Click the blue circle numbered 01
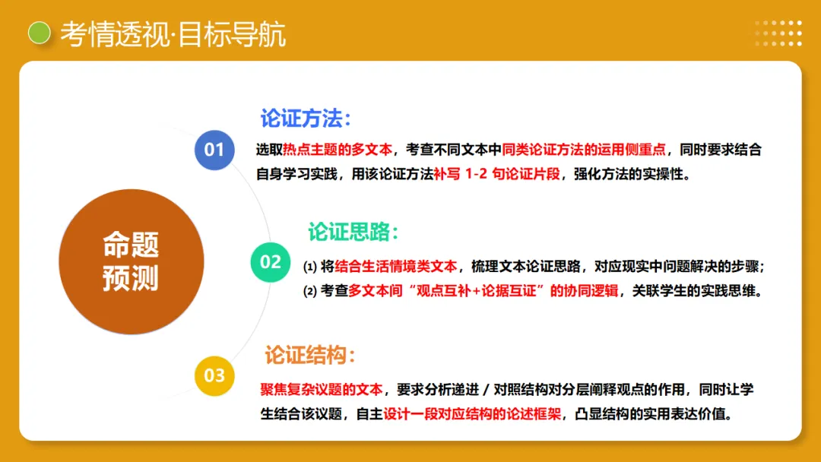(214, 149)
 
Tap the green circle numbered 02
(271, 262)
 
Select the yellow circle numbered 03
(214, 375)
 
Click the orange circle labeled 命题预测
(131, 262)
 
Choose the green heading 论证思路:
(353, 232)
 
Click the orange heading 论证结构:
(310, 355)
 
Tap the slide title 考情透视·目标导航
(173, 35)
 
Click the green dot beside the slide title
(39, 33)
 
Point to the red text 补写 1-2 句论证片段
(497, 174)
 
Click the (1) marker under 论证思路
(309, 267)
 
